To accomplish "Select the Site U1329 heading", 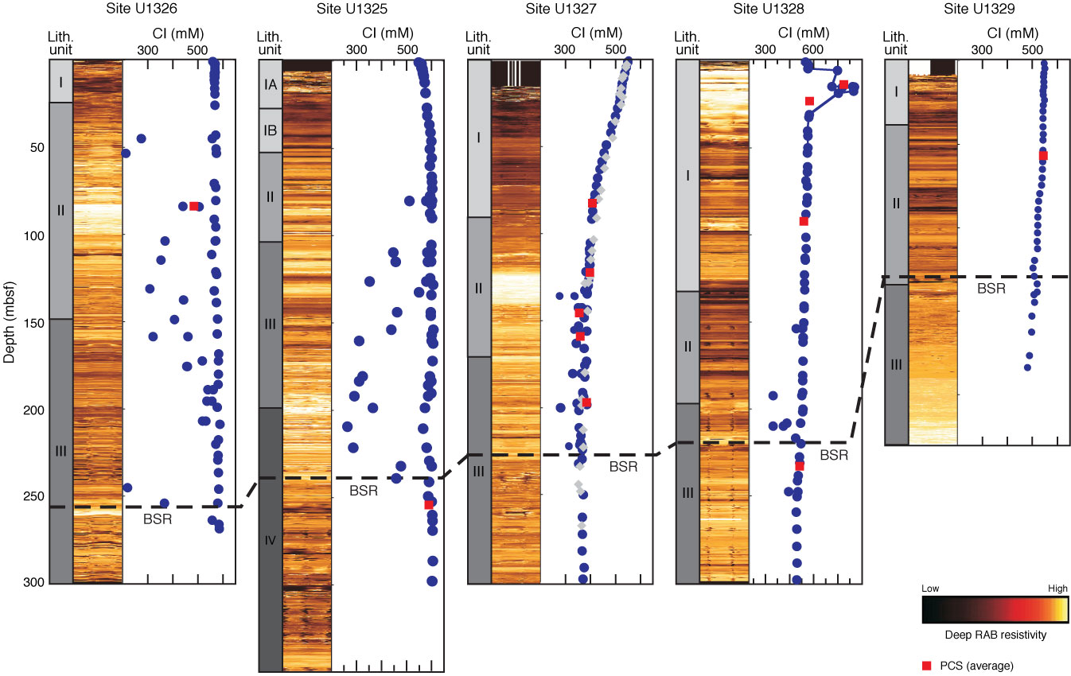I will (x=977, y=9).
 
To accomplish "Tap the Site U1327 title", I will (x=559, y=9).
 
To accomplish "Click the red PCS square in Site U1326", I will (x=194, y=206).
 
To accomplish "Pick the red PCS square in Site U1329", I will (x=1043, y=156).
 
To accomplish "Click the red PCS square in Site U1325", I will (x=429, y=505).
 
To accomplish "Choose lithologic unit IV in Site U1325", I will (x=271, y=541).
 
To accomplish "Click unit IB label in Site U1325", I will (x=271, y=130).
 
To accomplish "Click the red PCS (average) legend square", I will (x=926, y=665).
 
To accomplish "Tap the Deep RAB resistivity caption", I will (x=995, y=635).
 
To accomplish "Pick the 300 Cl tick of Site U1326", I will (x=148, y=49).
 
